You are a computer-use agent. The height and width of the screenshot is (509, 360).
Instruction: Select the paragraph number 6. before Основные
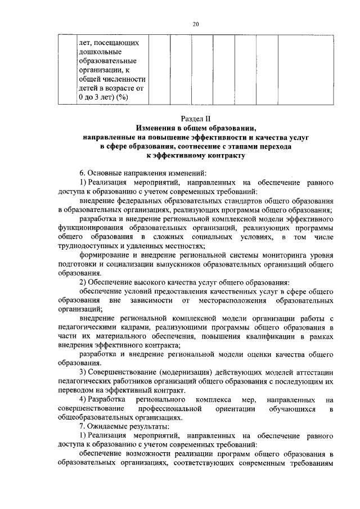(82, 172)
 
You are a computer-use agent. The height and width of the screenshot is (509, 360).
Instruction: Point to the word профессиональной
(170, 409)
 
